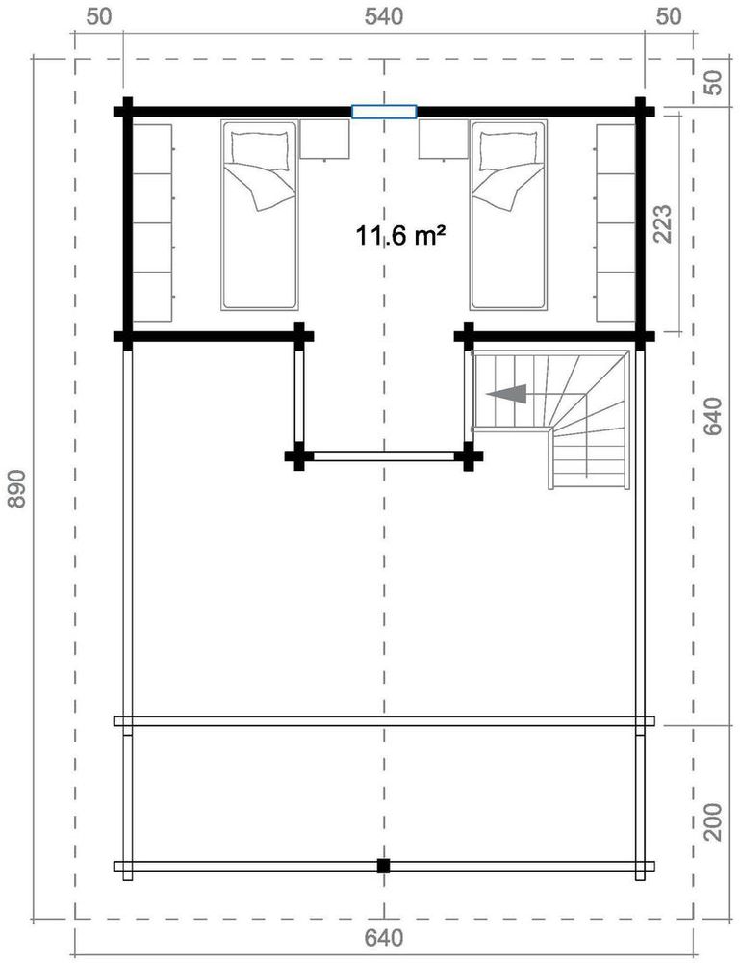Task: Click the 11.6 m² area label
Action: (400, 234)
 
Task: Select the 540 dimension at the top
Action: (384, 17)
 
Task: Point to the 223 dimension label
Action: (663, 222)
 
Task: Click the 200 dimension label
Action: (713, 821)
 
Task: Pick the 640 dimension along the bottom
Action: (384, 937)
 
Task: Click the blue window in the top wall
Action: (384, 112)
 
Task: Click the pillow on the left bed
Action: (259, 147)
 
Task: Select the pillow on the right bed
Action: (508, 147)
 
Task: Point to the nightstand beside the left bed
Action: (324, 139)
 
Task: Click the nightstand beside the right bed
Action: (442, 139)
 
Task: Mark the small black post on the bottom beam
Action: (383, 866)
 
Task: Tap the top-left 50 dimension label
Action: (99, 17)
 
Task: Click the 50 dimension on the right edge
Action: (713, 83)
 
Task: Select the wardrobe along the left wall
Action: (152, 221)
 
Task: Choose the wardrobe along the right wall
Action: (616, 221)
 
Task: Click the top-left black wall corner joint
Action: (125, 111)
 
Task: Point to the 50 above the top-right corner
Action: (670, 17)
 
